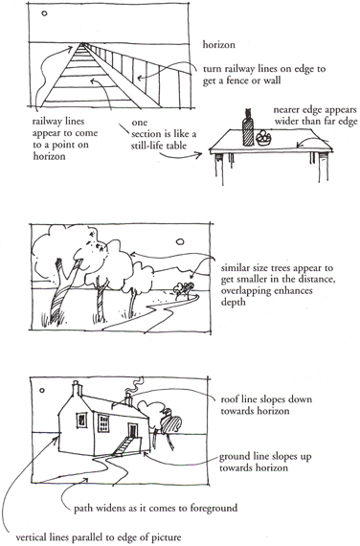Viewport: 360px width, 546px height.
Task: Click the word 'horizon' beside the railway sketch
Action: (x=218, y=45)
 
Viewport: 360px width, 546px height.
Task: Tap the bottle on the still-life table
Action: (x=248, y=127)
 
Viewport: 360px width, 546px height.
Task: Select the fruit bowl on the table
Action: (x=264, y=138)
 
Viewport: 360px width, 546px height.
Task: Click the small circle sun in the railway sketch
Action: (x=44, y=13)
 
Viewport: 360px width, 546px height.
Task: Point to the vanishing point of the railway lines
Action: (x=82, y=43)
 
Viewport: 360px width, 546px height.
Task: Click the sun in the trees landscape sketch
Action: (x=180, y=241)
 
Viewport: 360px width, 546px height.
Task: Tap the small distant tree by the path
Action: (x=184, y=290)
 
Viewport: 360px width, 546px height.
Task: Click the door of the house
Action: (x=133, y=430)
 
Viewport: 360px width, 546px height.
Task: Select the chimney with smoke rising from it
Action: (x=129, y=400)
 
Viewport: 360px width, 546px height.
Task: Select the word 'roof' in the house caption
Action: (x=230, y=399)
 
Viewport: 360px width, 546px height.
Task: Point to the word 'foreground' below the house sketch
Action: (x=214, y=508)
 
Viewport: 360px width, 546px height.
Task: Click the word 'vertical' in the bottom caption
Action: (x=30, y=536)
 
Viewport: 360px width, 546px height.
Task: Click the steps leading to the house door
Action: (x=123, y=446)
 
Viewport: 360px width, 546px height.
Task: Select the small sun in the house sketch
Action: (x=42, y=390)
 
